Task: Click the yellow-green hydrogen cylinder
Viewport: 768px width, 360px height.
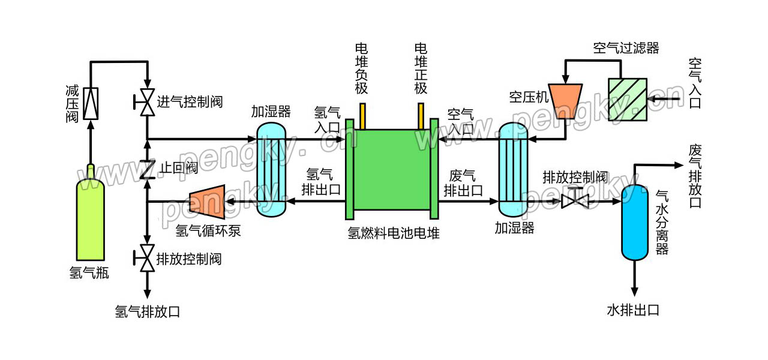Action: click(90, 219)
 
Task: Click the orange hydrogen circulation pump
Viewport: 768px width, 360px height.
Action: click(207, 202)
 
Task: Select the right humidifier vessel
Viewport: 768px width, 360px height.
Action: click(513, 170)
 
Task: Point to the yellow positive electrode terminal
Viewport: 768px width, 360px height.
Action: click(421, 116)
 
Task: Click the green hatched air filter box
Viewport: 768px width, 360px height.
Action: click(627, 99)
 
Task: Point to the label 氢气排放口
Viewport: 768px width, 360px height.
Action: click(147, 311)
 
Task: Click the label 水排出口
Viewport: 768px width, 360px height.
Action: click(633, 310)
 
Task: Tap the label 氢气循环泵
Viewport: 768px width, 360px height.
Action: click(208, 230)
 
